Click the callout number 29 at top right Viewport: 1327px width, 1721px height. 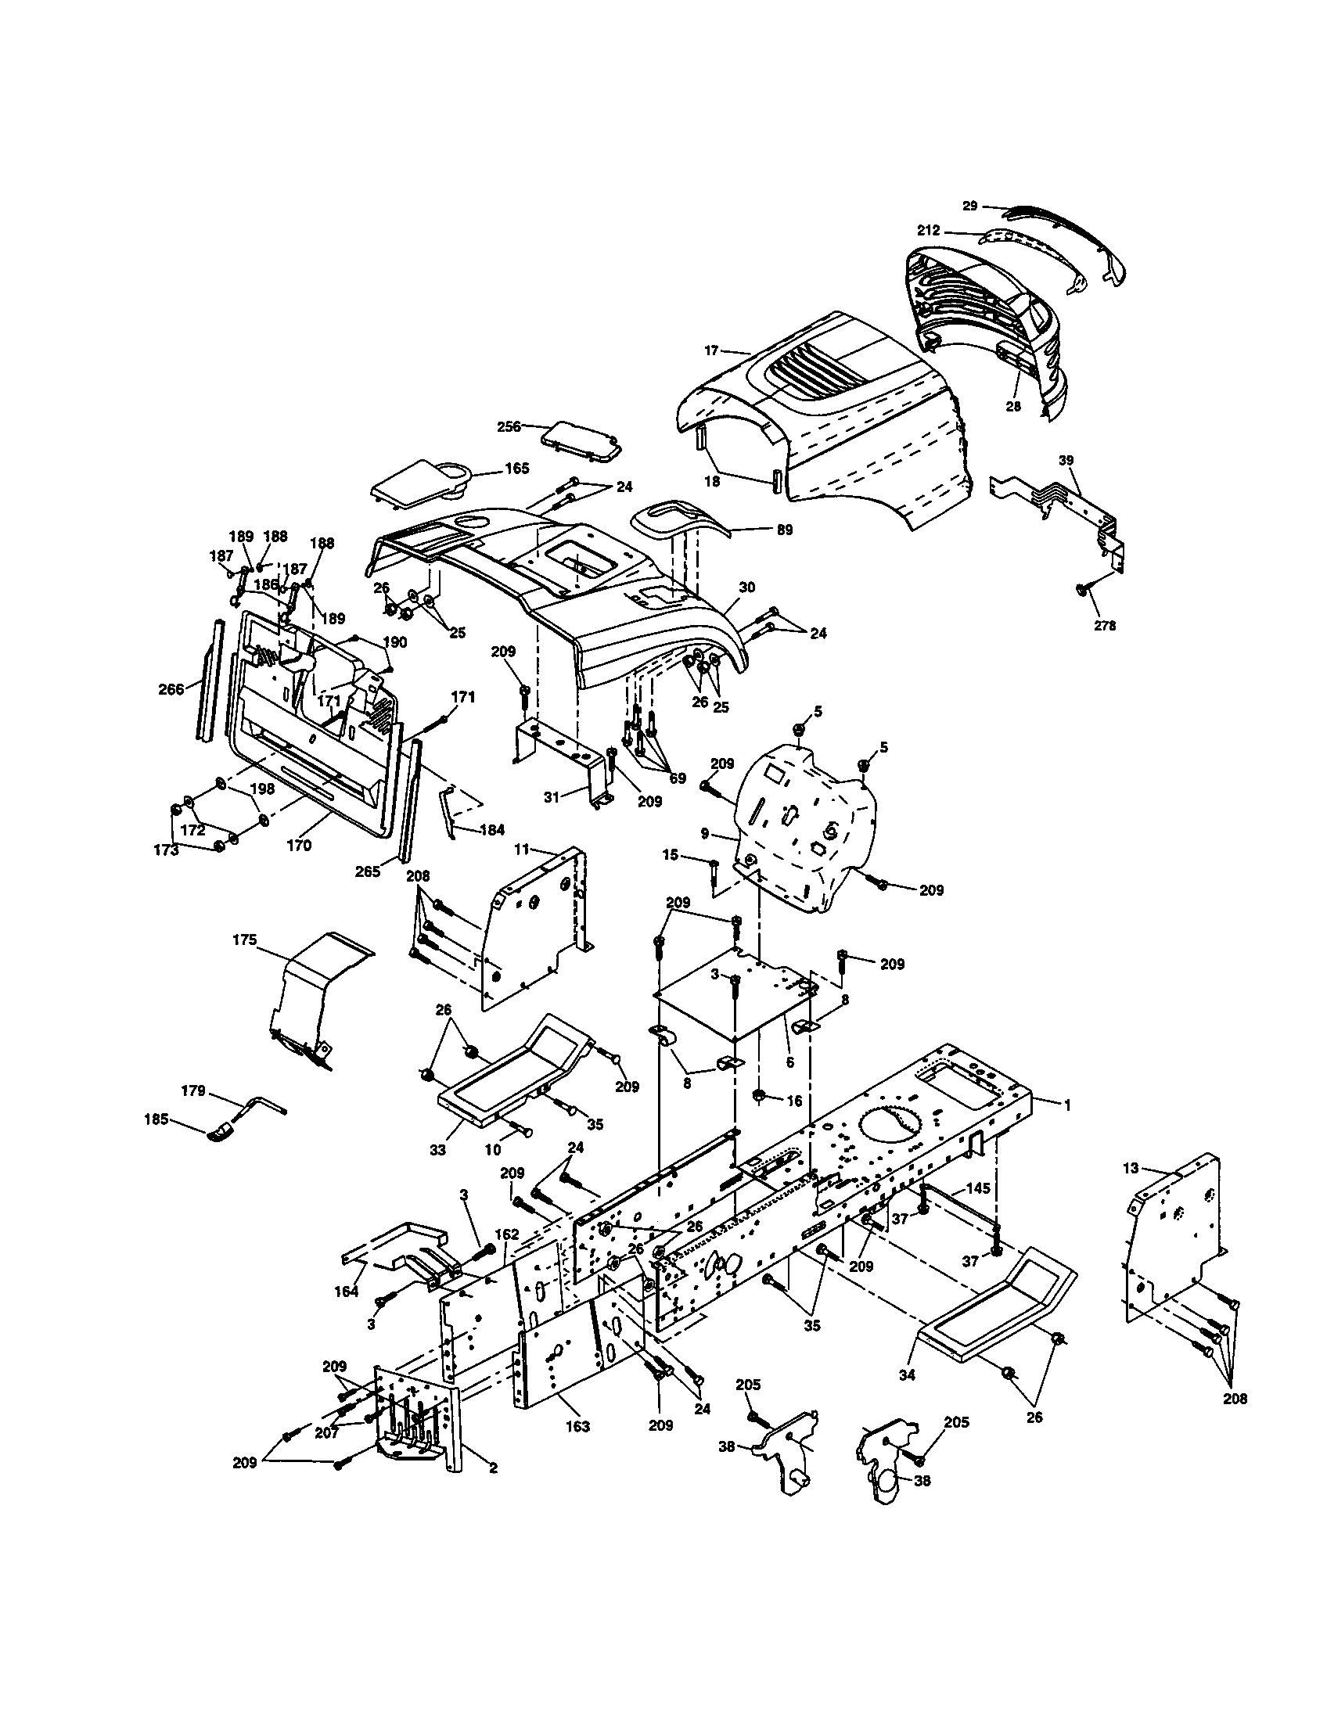pos(970,207)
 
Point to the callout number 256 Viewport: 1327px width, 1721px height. pos(509,426)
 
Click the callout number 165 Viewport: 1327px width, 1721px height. pos(517,468)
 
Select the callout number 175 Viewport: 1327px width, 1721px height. pos(245,940)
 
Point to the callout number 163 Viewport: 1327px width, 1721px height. pos(577,1426)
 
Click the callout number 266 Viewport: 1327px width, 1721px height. pos(171,688)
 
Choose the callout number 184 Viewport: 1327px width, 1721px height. pos(491,830)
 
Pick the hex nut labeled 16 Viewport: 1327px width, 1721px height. pos(760,1096)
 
